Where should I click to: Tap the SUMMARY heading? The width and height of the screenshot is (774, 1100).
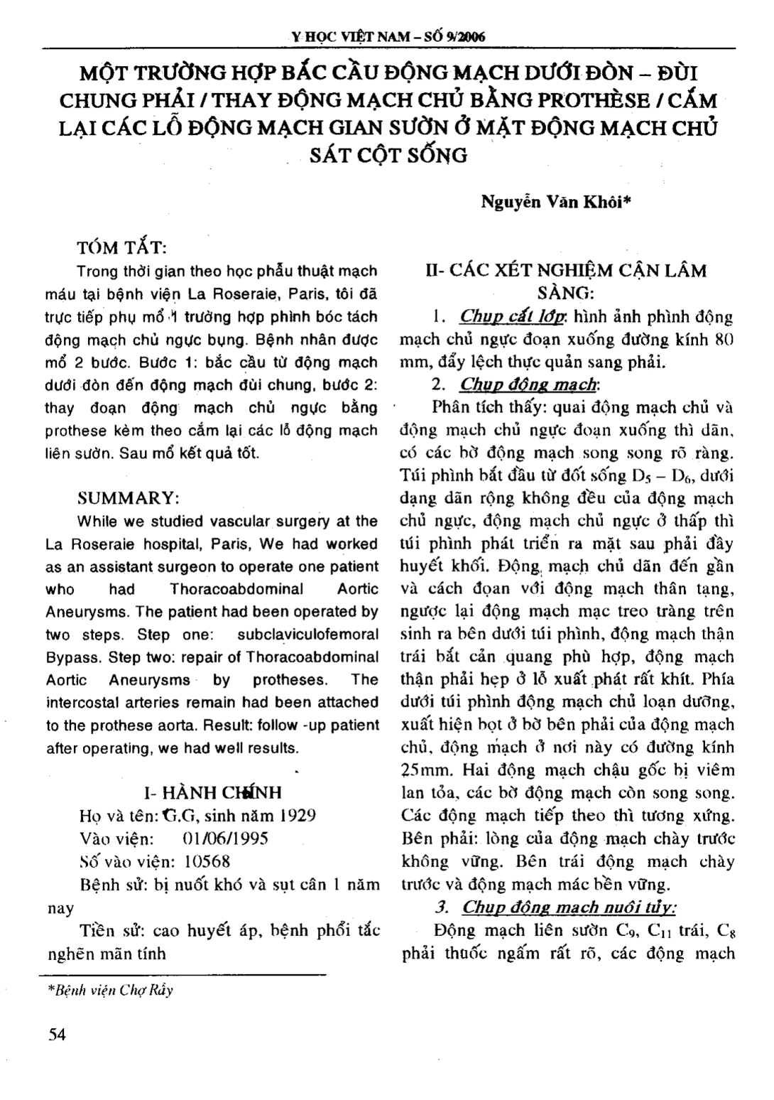point(128,497)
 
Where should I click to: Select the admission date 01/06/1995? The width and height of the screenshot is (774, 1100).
point(225,839)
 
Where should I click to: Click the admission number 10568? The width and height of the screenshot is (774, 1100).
point(207,861)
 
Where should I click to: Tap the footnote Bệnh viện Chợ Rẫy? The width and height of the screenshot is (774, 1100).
point(110,990)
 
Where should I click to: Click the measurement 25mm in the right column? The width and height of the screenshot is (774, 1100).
point(426,770)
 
